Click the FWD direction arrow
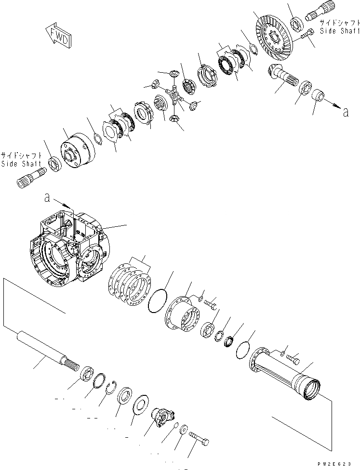58,37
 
